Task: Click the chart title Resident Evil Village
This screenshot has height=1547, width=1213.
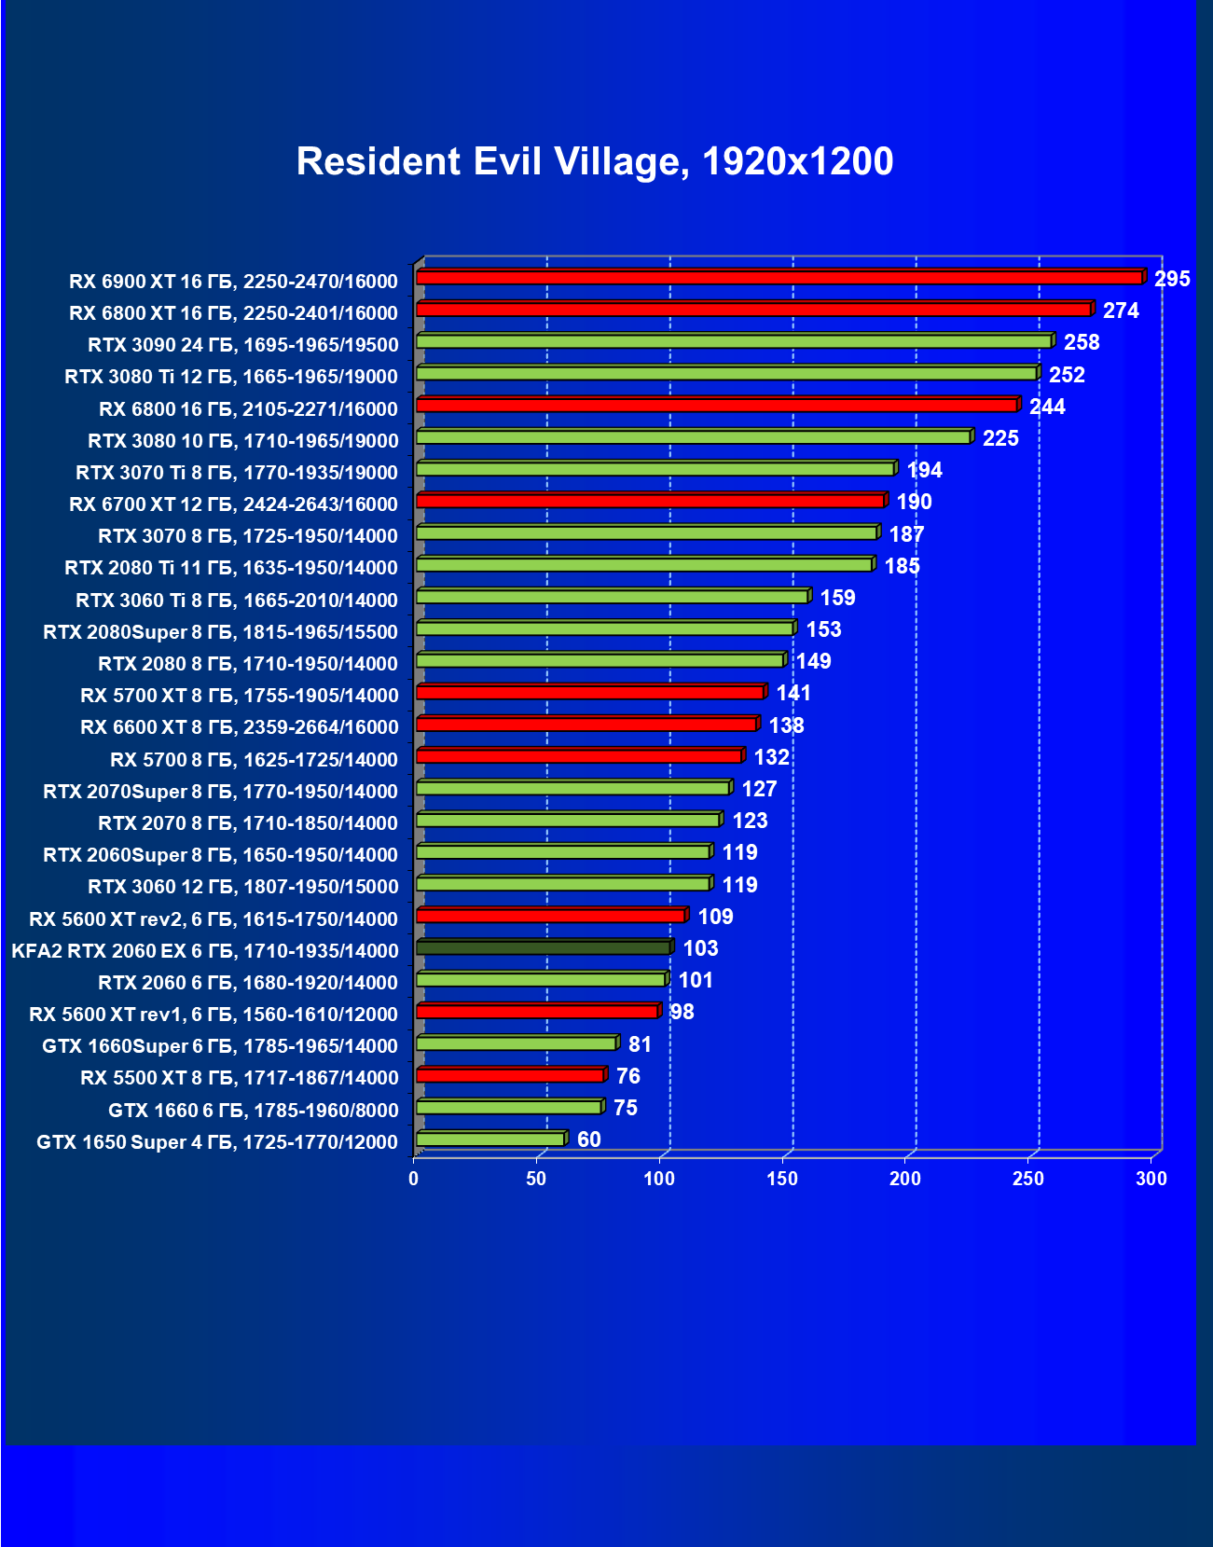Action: [x=594, y=161]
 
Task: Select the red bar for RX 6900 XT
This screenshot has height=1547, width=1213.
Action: [x=779, y=278]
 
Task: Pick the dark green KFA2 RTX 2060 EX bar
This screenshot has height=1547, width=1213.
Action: [x=543, y=947]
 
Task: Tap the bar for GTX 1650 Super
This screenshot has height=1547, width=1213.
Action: [x=490, y=1139]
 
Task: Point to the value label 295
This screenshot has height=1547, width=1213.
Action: [x=1172, y=279]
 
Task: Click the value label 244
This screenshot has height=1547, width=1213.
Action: [x=1047, y=407]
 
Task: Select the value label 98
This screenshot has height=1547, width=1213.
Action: [x=682, y=1012]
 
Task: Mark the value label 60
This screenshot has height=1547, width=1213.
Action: [x=588, y=1140]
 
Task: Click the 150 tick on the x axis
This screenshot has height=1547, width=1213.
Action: [x=782, y=1179]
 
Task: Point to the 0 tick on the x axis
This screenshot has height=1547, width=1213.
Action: [x=414, y=1179]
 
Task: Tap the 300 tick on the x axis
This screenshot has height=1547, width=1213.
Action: [x=1151, y=1179]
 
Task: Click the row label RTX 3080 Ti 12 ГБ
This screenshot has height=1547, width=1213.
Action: [x=231, y=377]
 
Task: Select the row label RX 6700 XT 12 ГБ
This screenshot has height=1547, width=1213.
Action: [x=233, y=504]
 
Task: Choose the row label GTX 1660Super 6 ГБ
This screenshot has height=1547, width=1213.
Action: [x=220, y=1046]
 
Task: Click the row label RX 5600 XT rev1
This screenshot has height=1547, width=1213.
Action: [x=214, y=1015]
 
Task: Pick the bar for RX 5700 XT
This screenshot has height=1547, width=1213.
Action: [x=589, y=692]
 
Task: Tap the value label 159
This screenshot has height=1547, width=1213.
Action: [x=837, y=598]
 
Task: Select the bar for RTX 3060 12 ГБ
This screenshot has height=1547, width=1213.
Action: [x=562, y=883]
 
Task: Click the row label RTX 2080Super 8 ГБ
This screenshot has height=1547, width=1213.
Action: [x=220, y=632]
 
